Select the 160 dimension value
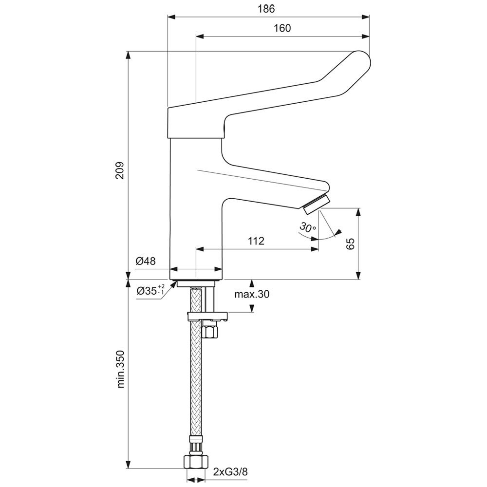tap(282, 28)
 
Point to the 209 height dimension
tap(120, 170)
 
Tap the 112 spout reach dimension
tap(255, 241)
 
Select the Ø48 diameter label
tap(146, 261)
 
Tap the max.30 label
tap(251, 294)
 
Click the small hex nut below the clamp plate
tap(210, 331)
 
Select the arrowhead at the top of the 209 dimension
tap(129, 55)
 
